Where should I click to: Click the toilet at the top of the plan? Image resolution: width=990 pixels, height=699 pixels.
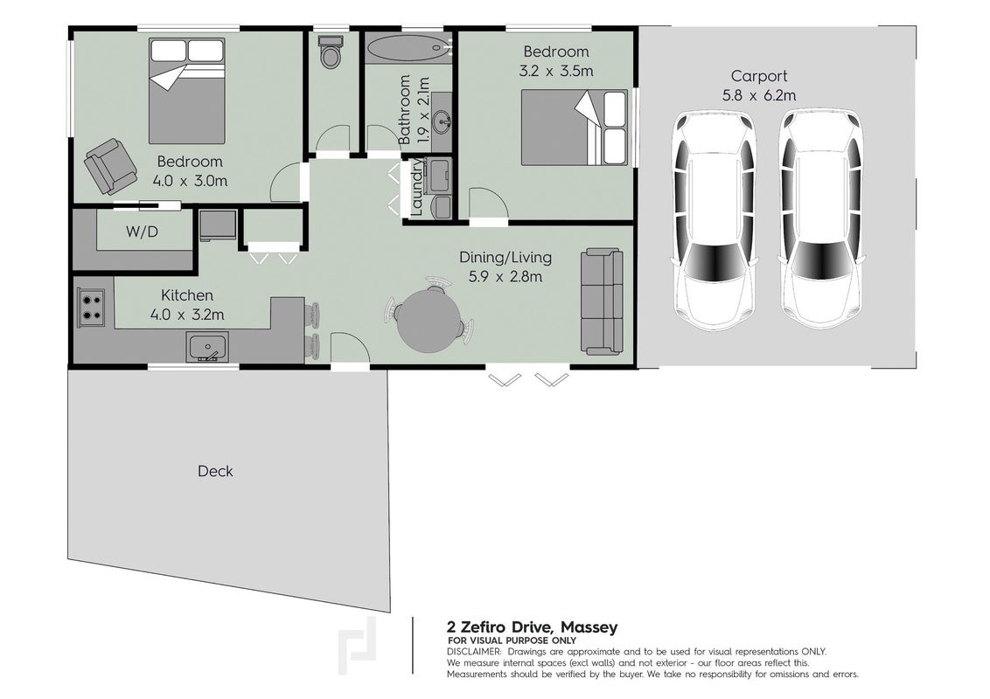(331, 51)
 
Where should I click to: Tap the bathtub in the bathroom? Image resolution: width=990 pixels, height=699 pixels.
(408, 47)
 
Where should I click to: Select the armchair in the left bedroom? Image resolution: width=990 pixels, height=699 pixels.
(110, 166)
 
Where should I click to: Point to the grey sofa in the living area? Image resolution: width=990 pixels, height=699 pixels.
(602, 301)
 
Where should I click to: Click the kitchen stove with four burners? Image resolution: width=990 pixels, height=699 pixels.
(91, 308)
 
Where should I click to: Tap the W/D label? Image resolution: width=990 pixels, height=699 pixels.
(142, 232)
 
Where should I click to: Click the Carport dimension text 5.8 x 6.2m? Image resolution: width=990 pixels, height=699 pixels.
(759, 96)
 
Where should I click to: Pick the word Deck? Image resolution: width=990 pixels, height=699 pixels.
(215, 471)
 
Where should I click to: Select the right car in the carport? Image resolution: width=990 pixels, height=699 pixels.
(820, 220)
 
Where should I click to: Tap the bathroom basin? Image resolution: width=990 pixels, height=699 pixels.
(443, 121)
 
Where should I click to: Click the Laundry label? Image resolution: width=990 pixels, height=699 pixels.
(416, 187)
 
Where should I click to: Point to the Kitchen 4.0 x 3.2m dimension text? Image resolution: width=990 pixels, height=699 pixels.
(187, 315)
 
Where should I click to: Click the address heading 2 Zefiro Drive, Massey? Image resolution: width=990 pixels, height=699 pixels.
(533, 627)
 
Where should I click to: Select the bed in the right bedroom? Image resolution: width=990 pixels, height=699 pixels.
(574, 128)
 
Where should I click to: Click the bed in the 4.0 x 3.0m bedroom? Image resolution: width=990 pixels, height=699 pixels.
(187, 91)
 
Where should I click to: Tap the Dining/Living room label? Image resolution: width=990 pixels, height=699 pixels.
(505, 258)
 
